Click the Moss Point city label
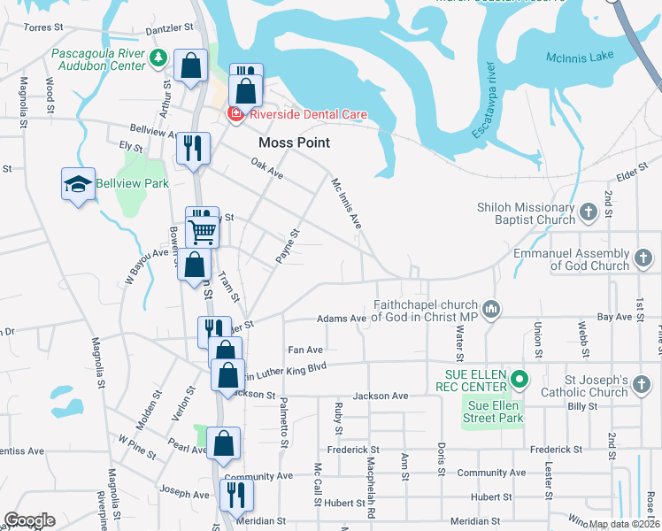(294, 142)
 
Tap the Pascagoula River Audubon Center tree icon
(158, 58)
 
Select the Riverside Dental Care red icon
(235, 114)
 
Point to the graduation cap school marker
(78, 184)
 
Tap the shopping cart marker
(203, 233)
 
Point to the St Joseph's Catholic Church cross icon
(642, 386)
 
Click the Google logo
(29, 520)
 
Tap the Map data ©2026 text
(624, 524)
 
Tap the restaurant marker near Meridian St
(236, 495)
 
